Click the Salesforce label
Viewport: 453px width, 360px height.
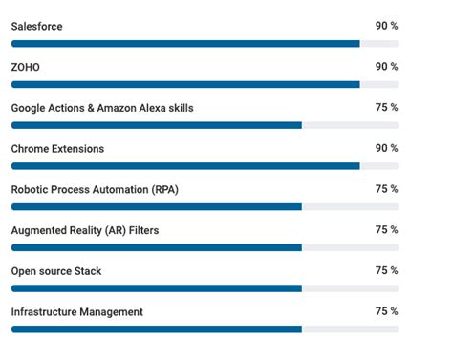(x=36, y=27)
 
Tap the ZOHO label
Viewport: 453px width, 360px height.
(x=25, y=67)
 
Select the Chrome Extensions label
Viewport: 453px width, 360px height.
(x=57, y=149)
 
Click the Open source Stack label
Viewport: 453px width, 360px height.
(x=55, y=271)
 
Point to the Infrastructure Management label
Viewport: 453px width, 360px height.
(x=76, y=312)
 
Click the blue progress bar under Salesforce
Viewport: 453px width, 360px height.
(x=185, y=43)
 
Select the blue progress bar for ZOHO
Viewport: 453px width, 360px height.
(x=185, y=84)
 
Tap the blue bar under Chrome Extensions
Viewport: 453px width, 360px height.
(x=185, y=166)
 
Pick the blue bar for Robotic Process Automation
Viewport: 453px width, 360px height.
(x=157, y=206)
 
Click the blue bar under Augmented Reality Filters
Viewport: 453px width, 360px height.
(x=157, y=247)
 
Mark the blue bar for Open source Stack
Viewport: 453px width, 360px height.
(x=157, y=287)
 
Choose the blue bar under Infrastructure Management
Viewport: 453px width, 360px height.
(x=157, y=328)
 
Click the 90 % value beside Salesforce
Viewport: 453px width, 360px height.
(x=386, y=27)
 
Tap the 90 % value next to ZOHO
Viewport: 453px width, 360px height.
(x=386, y=67)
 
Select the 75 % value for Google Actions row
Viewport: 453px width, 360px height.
(x=386, y=108)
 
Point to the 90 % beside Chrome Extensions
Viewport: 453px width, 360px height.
(x=386, y=149)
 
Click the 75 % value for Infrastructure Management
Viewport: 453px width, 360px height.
(x=386, y=312)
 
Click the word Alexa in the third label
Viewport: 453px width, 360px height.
(x=153, y=108)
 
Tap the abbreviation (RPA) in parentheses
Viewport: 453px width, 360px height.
(x=164, y=190)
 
